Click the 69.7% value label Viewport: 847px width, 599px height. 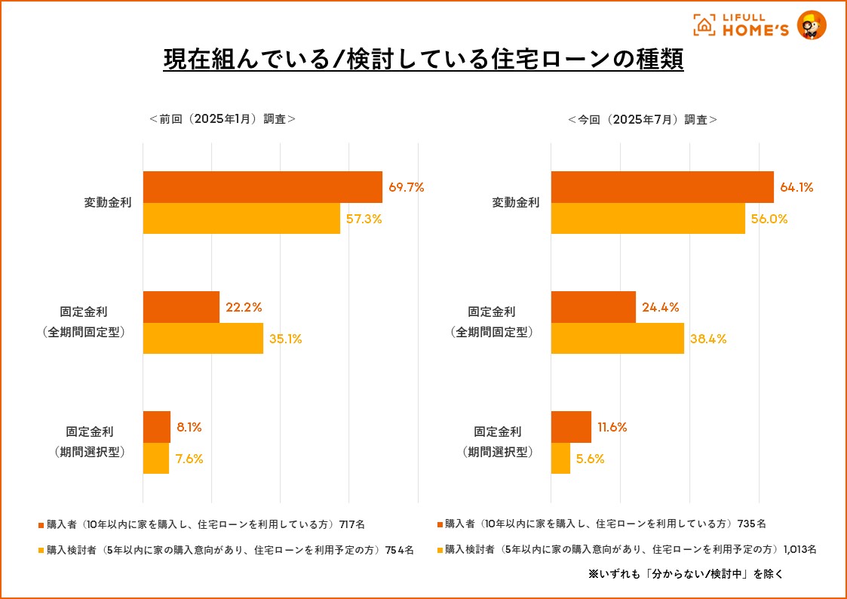[x=407, y=187]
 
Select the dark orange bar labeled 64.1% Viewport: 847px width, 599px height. [x=662, y=187]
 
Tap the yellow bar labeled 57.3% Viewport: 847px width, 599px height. [x=241, y=219]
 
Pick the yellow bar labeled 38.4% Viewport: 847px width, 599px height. [x=617, y=339]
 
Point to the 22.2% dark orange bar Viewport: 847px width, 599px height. [x=181, y=307]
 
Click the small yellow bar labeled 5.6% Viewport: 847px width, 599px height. [x=560, y=459]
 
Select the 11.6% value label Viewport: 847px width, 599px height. [x=612, y=427]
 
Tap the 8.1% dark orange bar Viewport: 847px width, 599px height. [x=157, y=427]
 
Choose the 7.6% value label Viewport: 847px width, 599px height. [x=190, y=459]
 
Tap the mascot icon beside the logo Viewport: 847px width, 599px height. [x=812, y=26]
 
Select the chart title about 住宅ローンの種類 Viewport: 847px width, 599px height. [x=423, y=59]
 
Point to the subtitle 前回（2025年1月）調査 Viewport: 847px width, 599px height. [x=222, y=118]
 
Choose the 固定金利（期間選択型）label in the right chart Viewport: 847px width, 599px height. [x=497, y=442]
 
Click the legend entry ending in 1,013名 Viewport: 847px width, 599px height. [x=631, y=549]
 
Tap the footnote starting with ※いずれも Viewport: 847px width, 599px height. [x=685, y=573]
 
